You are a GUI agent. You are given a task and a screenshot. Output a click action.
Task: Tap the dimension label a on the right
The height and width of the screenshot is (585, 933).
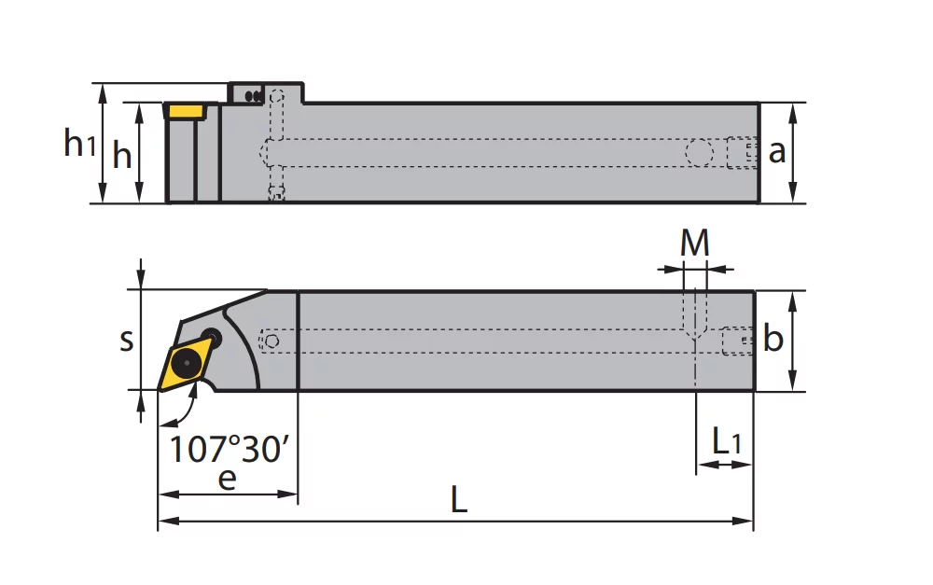pyautogui.click(x=776, y=151)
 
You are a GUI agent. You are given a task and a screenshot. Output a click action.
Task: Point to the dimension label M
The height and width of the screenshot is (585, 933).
pyautogui.click(x=694, y=244)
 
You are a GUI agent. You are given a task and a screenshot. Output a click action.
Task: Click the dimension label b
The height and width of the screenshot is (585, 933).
pyautogui.click(x=773, y=340)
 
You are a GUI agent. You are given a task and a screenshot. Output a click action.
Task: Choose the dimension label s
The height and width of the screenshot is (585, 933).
pyautogui.click(x=126, y=341)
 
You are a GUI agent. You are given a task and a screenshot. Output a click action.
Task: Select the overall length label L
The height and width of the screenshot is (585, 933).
pyautogui.click(x=458, y=501)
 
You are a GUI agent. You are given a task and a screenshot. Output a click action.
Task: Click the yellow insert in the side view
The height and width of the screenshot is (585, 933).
pyautogui.click(x=186, y=111)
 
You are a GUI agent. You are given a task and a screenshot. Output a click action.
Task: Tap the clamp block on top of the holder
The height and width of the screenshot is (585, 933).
pyautogui.click(x=266, y=93)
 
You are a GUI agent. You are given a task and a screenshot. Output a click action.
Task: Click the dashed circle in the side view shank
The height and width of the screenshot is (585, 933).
pyautogui.click(x=699, y=151)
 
